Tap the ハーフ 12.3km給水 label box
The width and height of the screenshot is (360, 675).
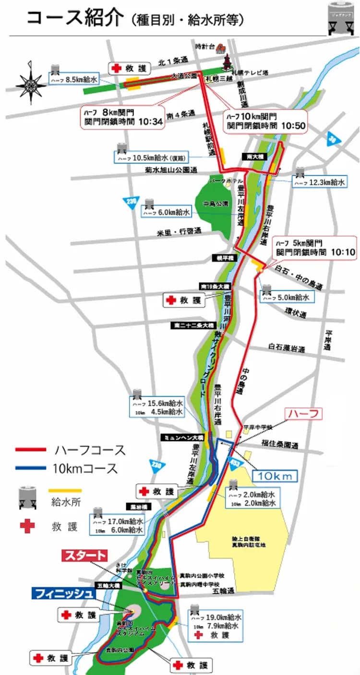pyautogui.click(x=319, y=182)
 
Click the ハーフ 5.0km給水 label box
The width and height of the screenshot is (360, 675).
pyautogui.click(x=285, y=298)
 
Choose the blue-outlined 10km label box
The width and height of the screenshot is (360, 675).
pyautogui.click(x=275, y=475)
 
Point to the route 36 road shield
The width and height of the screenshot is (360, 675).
pyautogui.click(x=332, y=139)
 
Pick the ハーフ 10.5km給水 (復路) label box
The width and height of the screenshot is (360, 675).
pyautogui.click(x=152, y=157)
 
